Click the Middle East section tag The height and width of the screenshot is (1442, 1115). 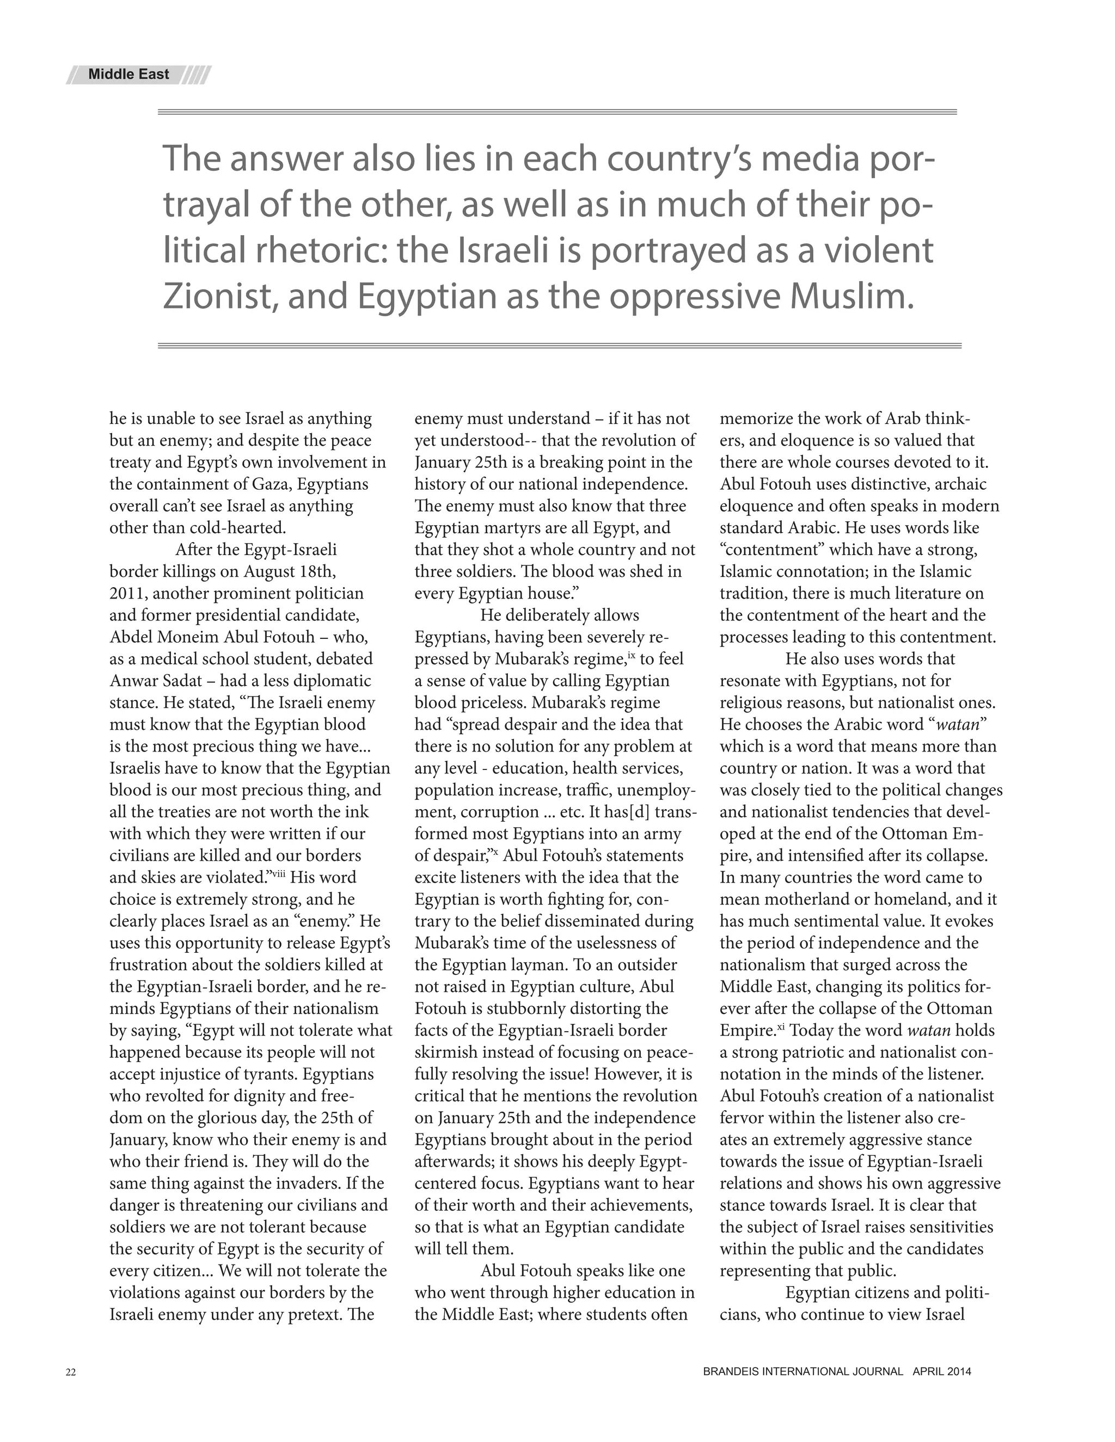[x=129, y=75]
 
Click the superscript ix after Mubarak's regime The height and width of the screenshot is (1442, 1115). [x=631, y=655]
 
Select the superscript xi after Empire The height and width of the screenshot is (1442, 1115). [x=780, y=1026]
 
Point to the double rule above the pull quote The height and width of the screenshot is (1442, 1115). [x=557, y=112]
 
